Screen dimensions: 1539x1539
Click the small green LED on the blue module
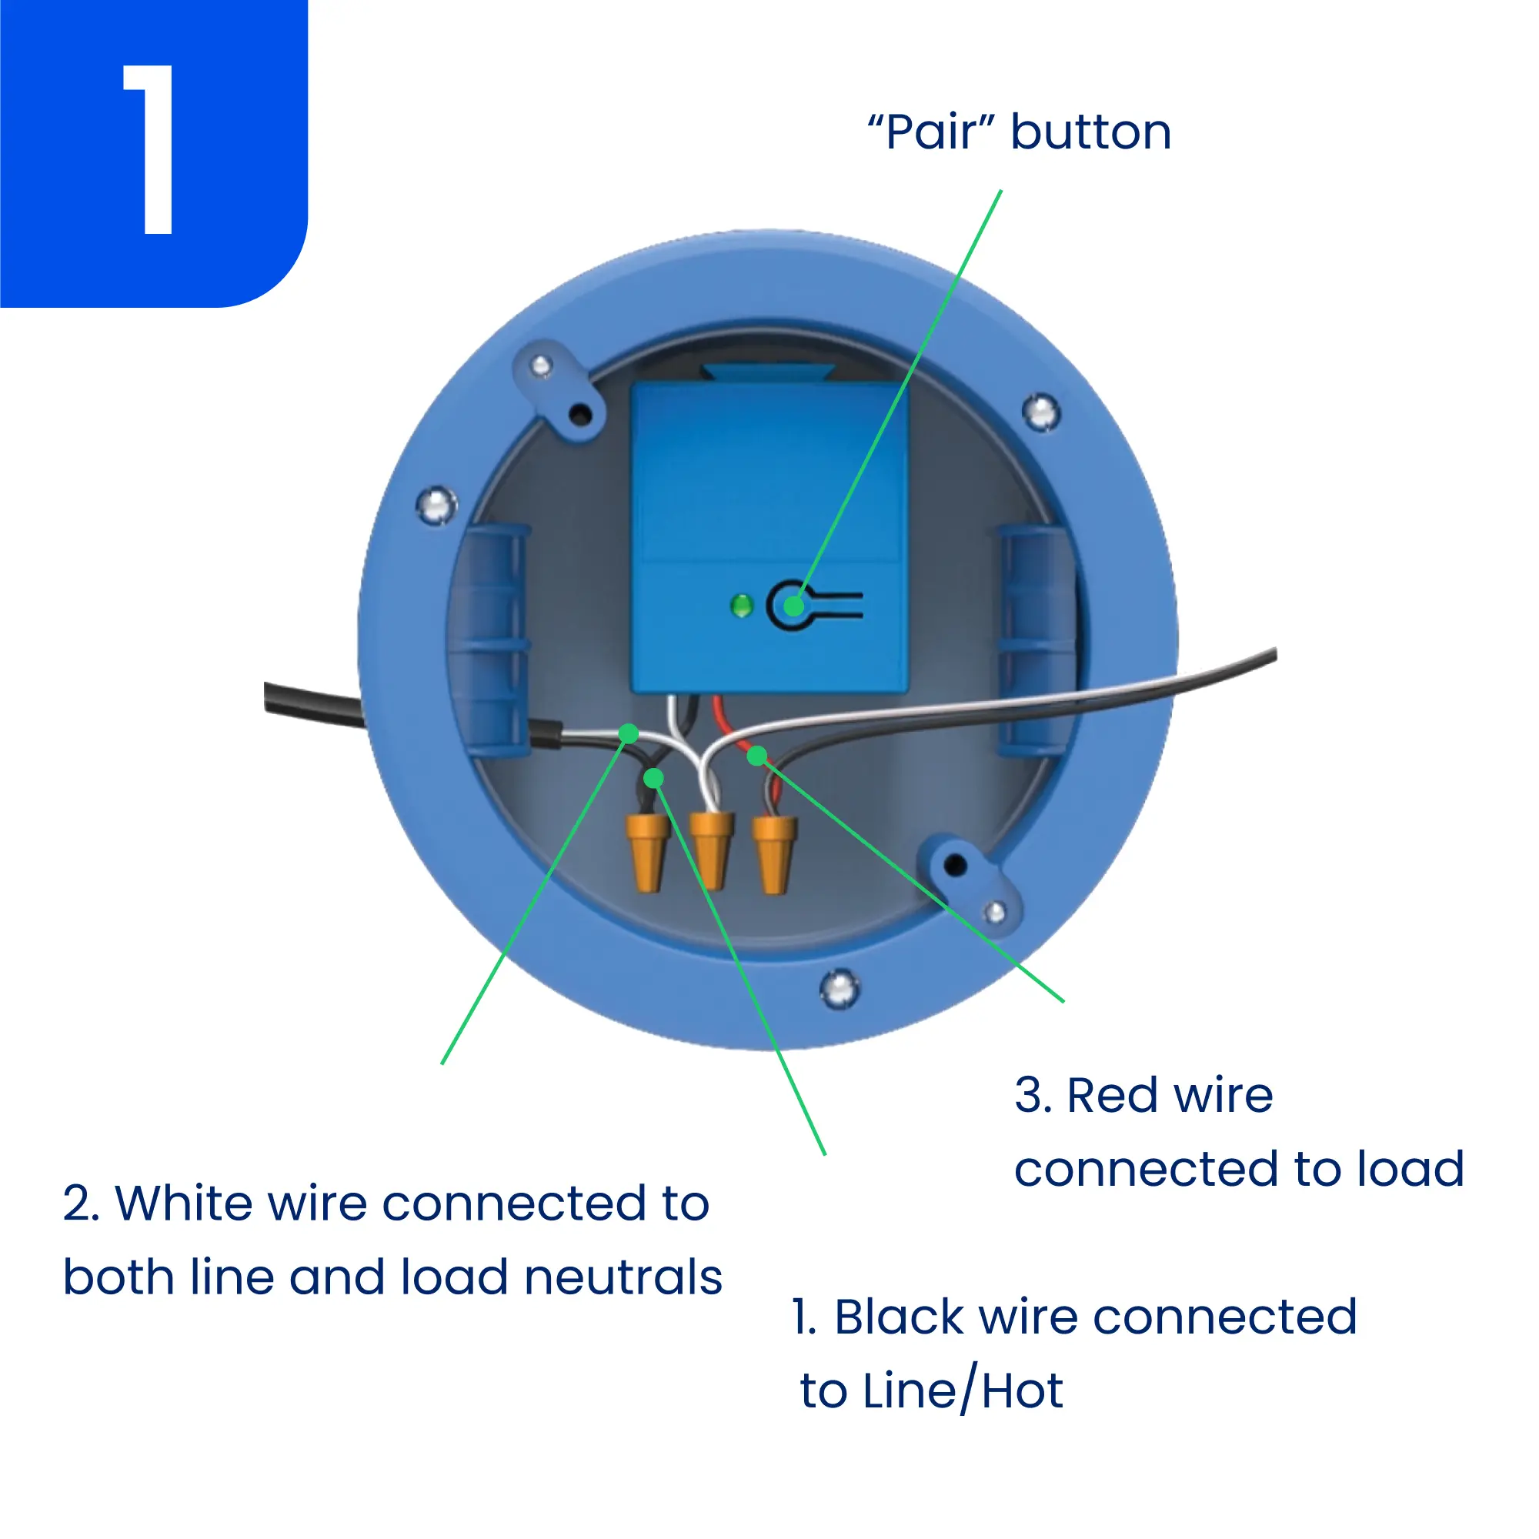[x=742, y=606]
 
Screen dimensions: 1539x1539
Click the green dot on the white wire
[x=629, y=733]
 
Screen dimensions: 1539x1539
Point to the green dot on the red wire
[x=756, y=755]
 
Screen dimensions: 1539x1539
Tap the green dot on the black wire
[x=653, y=777]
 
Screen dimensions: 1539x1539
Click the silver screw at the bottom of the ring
[x=840, y=988]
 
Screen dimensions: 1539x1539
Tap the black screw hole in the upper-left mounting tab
[x=581, y=414]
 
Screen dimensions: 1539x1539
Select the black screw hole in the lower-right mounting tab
[x=954, y=865]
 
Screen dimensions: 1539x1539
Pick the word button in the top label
[x=1091, y=132]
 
